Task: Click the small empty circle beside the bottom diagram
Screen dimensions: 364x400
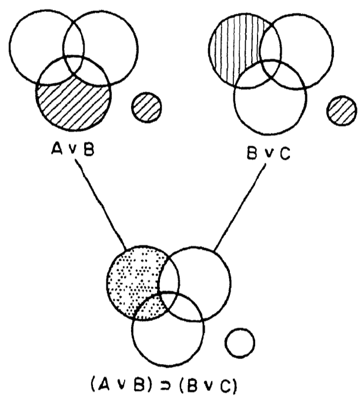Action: [x=240, y=343]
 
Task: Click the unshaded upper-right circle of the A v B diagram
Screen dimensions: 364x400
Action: [x=118, y=41]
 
